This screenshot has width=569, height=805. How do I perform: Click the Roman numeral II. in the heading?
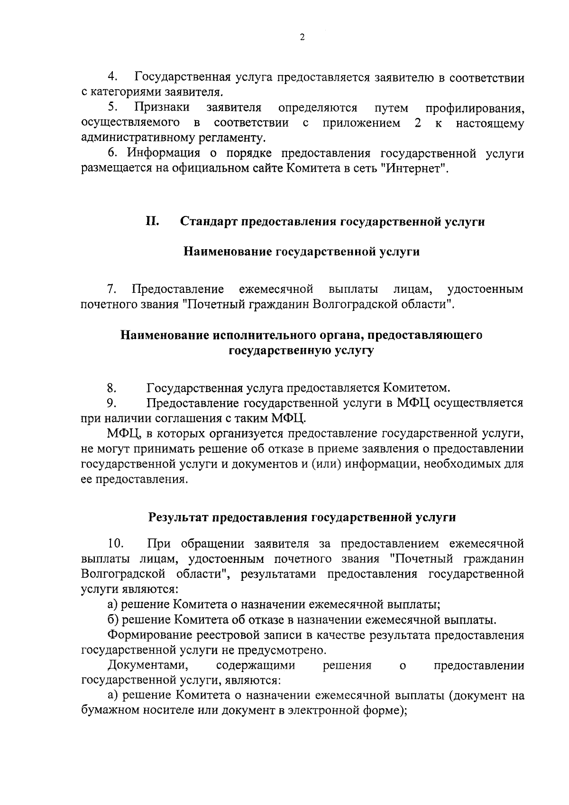tap(152, 222)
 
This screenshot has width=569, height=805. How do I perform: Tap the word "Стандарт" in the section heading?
tap(209, 222)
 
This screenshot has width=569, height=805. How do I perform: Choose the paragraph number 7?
tap(111, 289)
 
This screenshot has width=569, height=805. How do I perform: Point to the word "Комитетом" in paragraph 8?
tap(416, 388)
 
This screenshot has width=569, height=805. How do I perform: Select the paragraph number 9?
tap(111, 403)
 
